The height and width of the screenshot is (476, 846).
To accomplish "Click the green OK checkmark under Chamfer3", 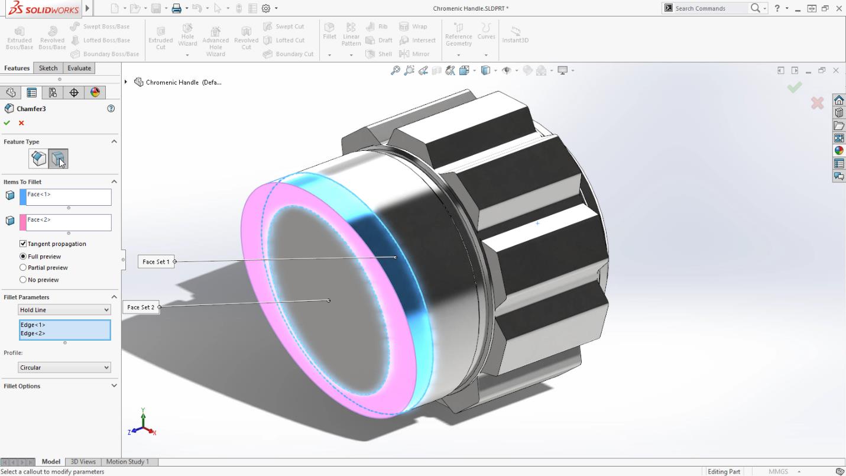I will pyautogui.click(x=7, y=123).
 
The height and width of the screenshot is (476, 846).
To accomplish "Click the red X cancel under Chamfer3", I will pyautogui.click(x=21, y=123).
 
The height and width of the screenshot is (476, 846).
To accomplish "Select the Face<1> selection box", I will pyautogui.click(x=68, y=197).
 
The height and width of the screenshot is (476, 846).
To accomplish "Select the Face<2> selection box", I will pyautogui.click(x=68, y=222).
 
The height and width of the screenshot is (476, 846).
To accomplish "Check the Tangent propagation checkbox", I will pyautogui.click(x=23, y=244).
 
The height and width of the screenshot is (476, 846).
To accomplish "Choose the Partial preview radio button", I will pyautogui.click(x=23, y=268).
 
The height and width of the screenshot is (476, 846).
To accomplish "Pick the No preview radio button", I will pyautogui.click(x=23, y=280).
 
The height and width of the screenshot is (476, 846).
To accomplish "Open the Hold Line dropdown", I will pyautogui.click(x=64, y=310).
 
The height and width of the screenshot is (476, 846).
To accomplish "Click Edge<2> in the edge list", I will pyautogui.click(x=33, y=333).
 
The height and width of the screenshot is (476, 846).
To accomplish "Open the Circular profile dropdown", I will pyautogui.click(x=64, y=368).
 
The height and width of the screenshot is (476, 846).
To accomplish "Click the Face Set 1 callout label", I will pyautogui.click(x=155, y=261).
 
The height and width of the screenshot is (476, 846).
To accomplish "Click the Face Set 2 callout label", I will pyautogui.click(x=141, y=307).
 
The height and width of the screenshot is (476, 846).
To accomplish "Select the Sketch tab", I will pyautogui.click(x=48, y=68).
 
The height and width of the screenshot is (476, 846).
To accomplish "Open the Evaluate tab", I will pyautogui.click(x=79, y=68).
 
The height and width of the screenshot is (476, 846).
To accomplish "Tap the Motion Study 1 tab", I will pyautogui.click(x=127, y=462).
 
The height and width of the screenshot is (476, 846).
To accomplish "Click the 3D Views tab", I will pyautogui.click(x=83, y=462).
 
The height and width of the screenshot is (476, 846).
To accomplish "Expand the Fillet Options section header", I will pyautogui.click(x=59, y=386).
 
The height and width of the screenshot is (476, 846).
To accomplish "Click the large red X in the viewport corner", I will pyautogui.click(x=817, y=103).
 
